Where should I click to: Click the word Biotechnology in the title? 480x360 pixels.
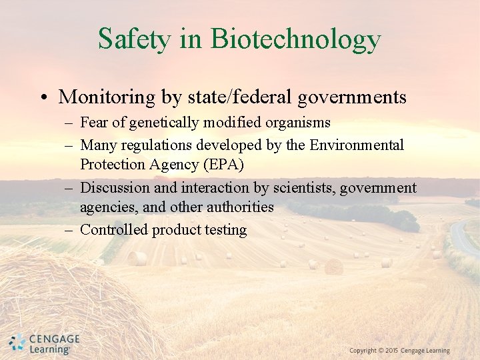[x=295, y=39]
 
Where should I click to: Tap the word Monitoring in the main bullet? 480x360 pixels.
[x=107, y=97]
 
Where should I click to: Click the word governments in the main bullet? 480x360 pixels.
[x=352, y=97]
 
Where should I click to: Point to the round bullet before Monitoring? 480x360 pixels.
[x=43, y=98]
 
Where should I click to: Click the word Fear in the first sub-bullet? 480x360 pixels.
[x=94, y=123]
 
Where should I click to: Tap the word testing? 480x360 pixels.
[x=227, y=230]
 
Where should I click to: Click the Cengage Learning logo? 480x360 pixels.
[x=45, y=343]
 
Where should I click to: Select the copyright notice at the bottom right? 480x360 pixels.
[x=399, y=351]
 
